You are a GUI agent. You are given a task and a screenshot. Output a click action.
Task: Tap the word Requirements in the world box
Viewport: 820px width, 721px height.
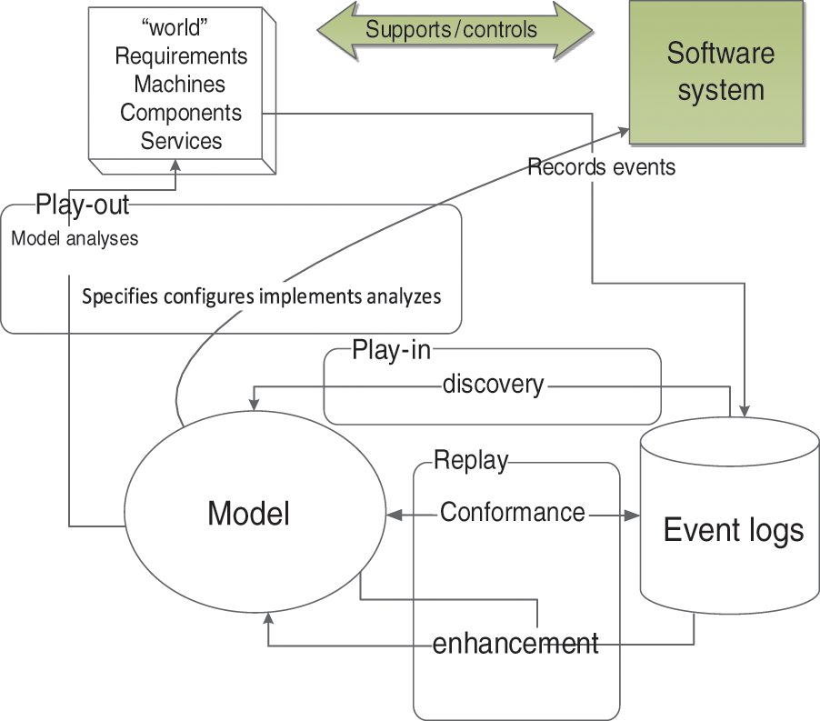coord(181,55)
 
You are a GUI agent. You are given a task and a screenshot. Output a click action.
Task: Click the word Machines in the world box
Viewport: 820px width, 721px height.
coord(180,84)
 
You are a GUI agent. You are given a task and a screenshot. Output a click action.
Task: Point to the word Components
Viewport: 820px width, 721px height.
coord(181,112)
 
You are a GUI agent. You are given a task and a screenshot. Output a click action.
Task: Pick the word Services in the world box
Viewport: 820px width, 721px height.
coord(181,141)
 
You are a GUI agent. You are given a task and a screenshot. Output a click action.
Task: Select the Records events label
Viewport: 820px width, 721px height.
coord(601,167)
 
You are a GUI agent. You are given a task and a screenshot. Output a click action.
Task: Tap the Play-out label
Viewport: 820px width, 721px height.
coord(83,205)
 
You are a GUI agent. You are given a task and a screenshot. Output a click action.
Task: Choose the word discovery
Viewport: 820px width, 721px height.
coord(493,385)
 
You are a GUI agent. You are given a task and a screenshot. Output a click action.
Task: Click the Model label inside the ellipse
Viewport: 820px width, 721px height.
coord(248,515)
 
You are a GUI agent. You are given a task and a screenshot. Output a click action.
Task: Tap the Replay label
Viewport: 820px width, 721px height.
coord(470,460)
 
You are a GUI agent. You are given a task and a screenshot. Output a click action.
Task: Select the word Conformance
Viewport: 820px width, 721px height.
coord(513,513)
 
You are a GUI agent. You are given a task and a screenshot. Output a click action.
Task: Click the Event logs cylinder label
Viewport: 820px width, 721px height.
coord(733,529)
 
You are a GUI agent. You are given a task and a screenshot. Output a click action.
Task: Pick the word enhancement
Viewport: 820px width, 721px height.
coord(515,644)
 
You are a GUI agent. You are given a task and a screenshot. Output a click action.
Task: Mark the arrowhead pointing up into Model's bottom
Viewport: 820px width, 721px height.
coord(267,620)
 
